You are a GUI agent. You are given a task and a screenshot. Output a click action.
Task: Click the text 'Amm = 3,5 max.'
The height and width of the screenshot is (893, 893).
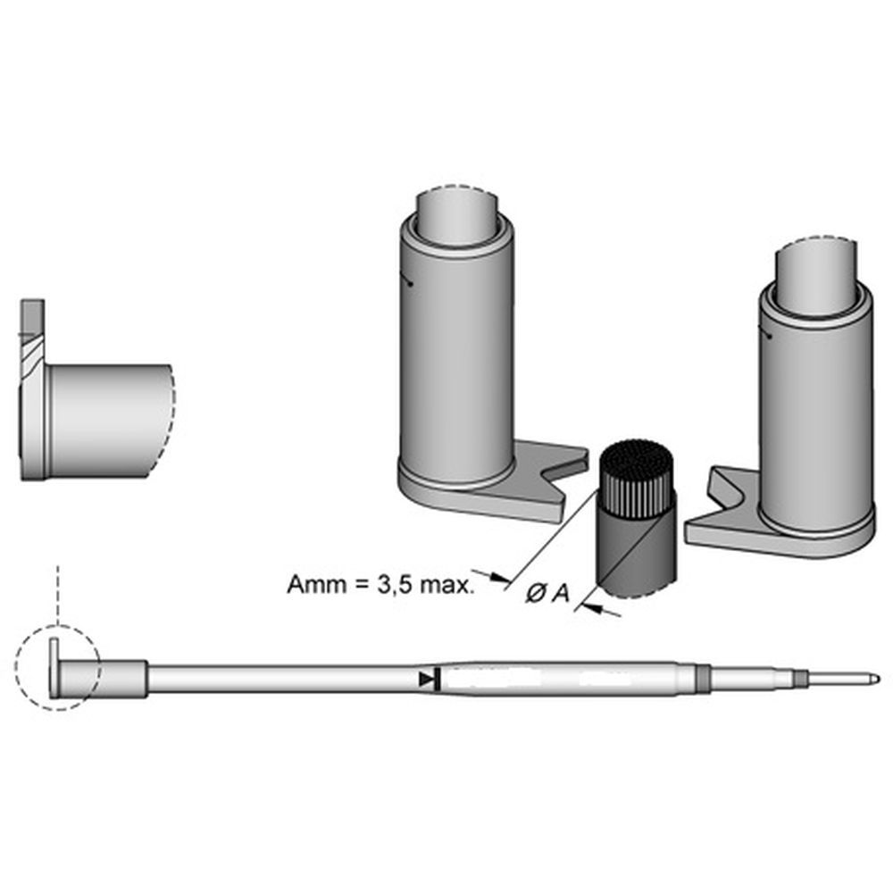[380, 585]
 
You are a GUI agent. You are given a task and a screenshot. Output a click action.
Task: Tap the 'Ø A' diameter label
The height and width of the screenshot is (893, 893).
[547, 594]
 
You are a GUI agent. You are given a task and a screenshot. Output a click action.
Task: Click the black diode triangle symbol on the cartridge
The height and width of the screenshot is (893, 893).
[426, 680]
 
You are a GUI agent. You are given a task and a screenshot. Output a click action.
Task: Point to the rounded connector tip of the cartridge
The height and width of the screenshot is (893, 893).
[873, 680]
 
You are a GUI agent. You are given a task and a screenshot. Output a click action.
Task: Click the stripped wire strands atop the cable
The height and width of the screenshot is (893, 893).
[637, 479]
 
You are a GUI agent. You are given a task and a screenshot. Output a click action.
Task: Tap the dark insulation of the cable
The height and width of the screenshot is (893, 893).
[636, 547]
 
